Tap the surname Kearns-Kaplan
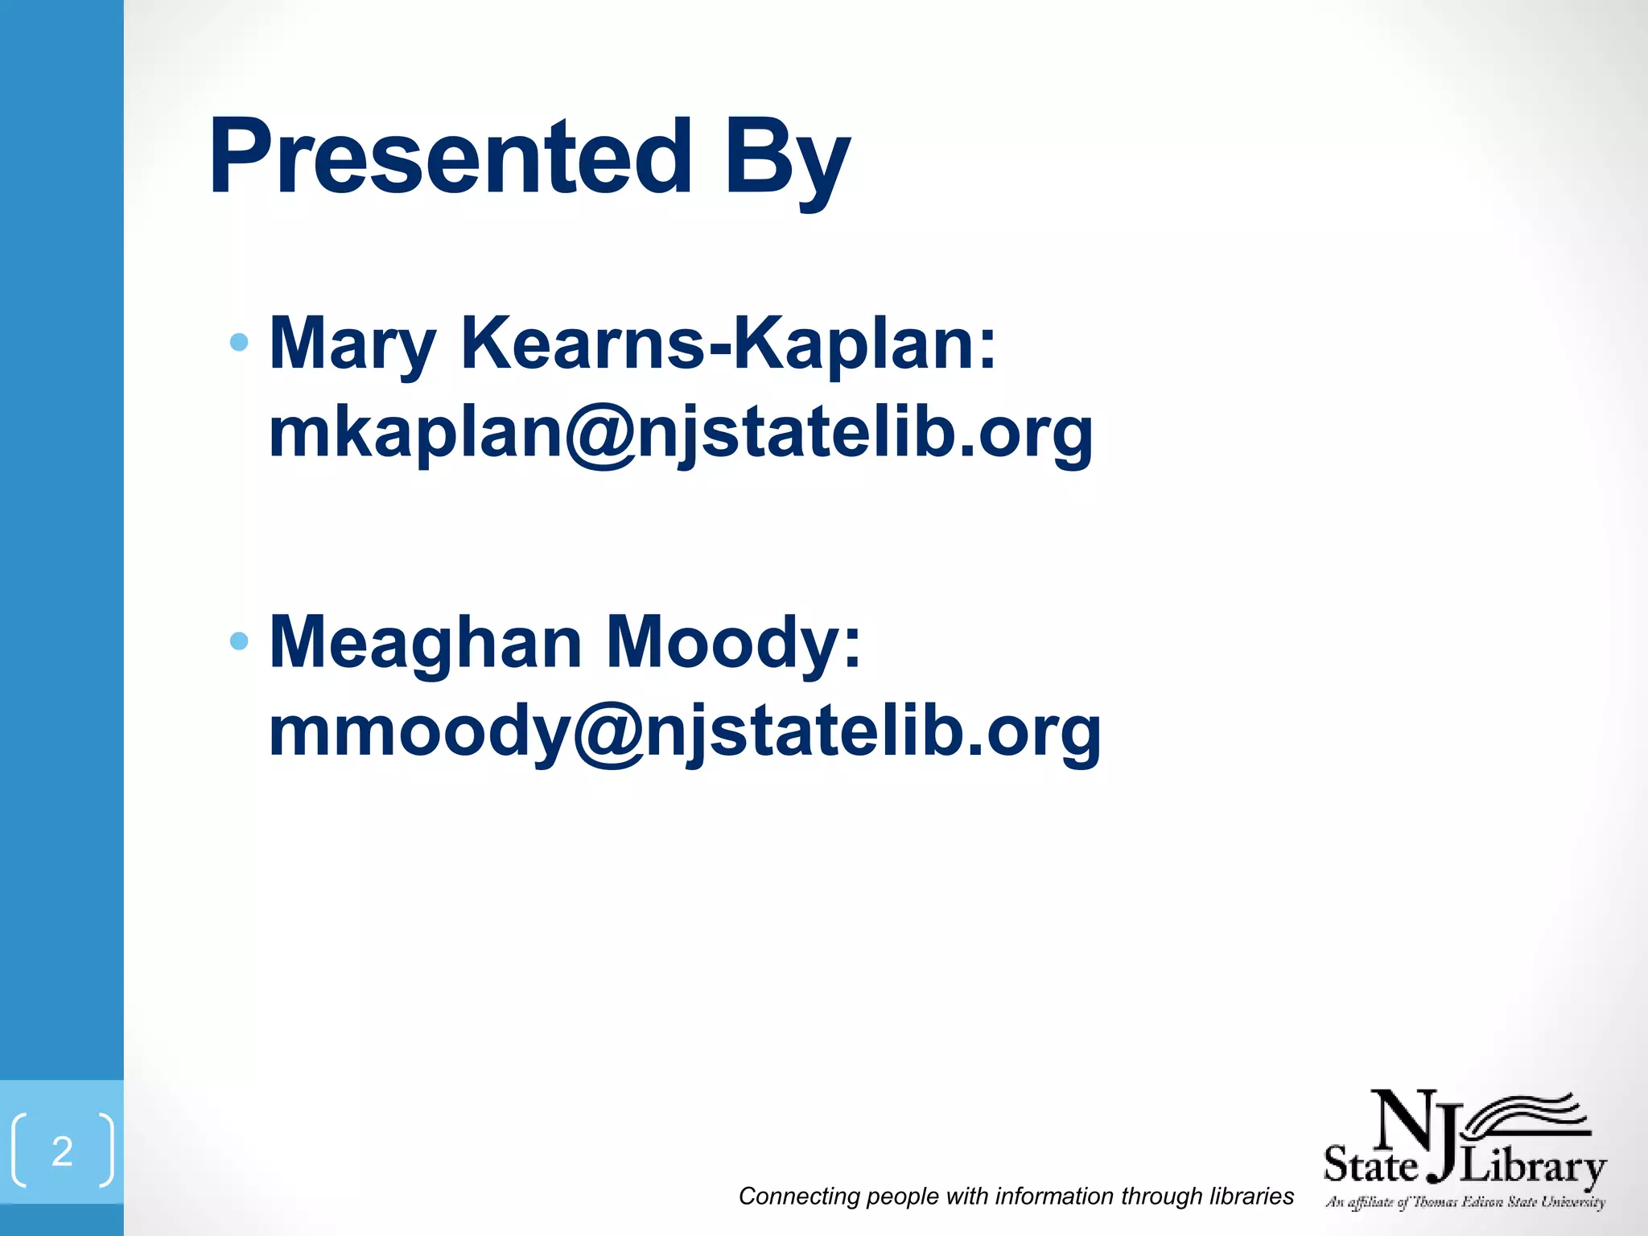coord(728,343)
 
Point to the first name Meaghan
coord(426,642)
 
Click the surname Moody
coord(733,642)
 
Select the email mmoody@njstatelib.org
coord(685,732)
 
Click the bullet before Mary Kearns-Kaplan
coord(238,343)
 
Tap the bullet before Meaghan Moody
coord(238,641)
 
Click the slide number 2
coord(62,1152)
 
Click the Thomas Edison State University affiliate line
coord(1465,1203)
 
